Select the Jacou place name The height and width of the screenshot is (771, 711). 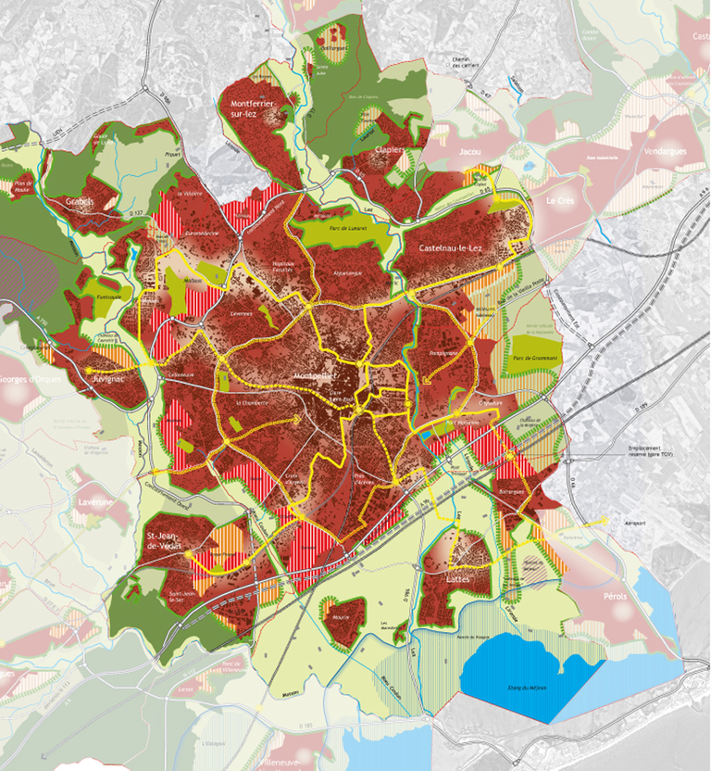(472, 151)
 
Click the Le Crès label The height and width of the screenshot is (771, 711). (561, 201)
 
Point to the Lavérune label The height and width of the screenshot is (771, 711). (94, 501)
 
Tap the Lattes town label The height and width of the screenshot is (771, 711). (458, 579)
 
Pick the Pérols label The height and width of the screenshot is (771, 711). (614, 596)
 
